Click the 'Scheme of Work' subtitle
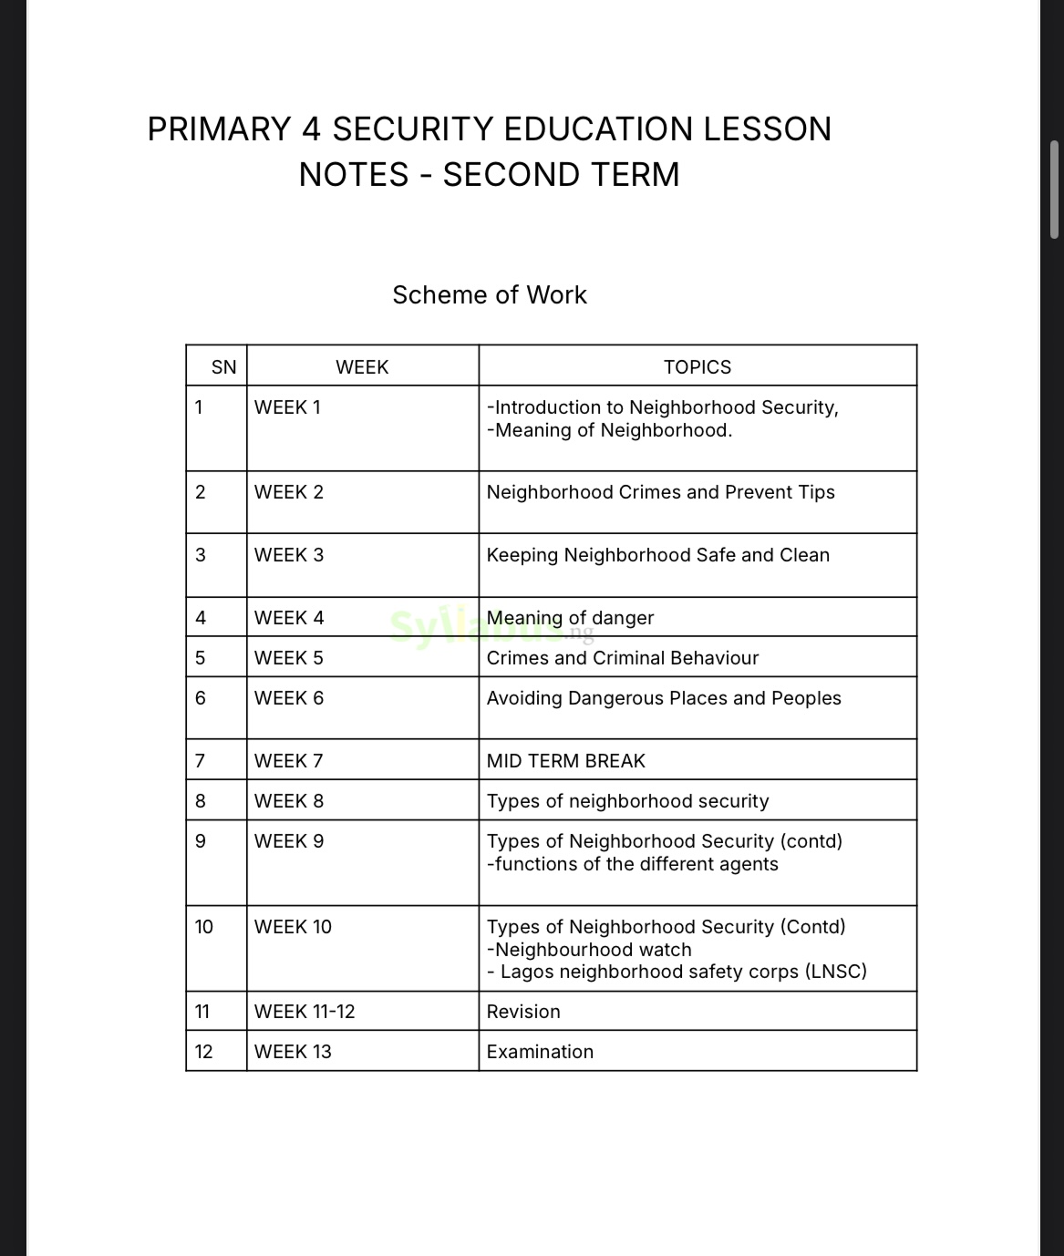[x=490, y=294]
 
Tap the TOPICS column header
[x=697, y=366]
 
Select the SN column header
[x=223, y=366]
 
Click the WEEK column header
[x=362, y=366]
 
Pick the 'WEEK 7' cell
[x=288, y=760]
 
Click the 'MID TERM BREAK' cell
[x=565, y=760]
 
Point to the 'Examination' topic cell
[x=540, y=1051]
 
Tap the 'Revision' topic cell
[x=523, y=1011]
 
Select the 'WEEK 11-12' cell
[x=305, y=1011]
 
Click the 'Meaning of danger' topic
[x=570, y=617]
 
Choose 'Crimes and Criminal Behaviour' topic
[x=622, y=657]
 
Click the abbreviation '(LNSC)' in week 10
[x=835, y=971]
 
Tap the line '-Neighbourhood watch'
[x=589, y=949]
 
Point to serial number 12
[x=203, y=1051]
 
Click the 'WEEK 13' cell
[x=293, y=1051]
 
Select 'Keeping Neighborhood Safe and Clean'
[x=657, y=554]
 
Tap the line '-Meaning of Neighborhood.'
[x=609, y=430]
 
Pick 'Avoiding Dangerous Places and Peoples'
[x=664, y=697]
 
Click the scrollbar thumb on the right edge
[x=1055, y=189]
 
